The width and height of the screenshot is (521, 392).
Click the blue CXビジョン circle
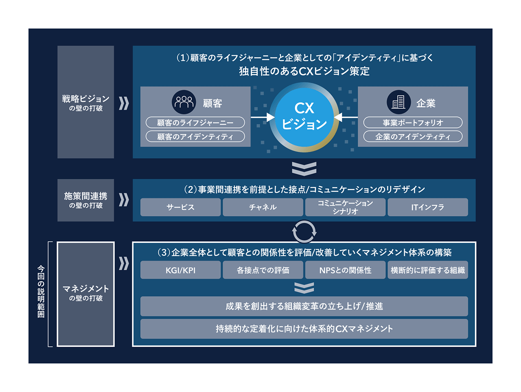point(304,117)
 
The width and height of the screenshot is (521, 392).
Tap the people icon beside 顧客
point(184,102)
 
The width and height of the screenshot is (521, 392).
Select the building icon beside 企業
point(399,102)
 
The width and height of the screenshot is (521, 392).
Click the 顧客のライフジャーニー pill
point(195,123)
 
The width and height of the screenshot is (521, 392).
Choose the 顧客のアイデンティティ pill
point(195,137)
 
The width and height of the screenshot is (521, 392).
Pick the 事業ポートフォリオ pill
point(413,123)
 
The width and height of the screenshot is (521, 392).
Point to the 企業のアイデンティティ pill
point(413,137)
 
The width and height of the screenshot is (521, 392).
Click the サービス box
point(180,207)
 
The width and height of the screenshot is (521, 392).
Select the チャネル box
point(263,207)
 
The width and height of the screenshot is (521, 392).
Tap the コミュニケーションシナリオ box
point(345,207)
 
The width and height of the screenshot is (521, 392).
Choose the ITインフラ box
point(428,207)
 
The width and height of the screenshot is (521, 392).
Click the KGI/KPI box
point(180,270)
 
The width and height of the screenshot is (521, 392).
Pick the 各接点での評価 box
point(263,270)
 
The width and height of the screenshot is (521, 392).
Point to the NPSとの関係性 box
point(345,270)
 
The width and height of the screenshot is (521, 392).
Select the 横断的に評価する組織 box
point(428,270)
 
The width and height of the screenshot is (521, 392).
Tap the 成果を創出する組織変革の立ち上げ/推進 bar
point(304,306)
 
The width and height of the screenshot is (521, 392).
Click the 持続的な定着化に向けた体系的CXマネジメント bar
point(304,329)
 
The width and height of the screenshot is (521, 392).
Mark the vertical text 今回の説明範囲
point(41,291)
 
